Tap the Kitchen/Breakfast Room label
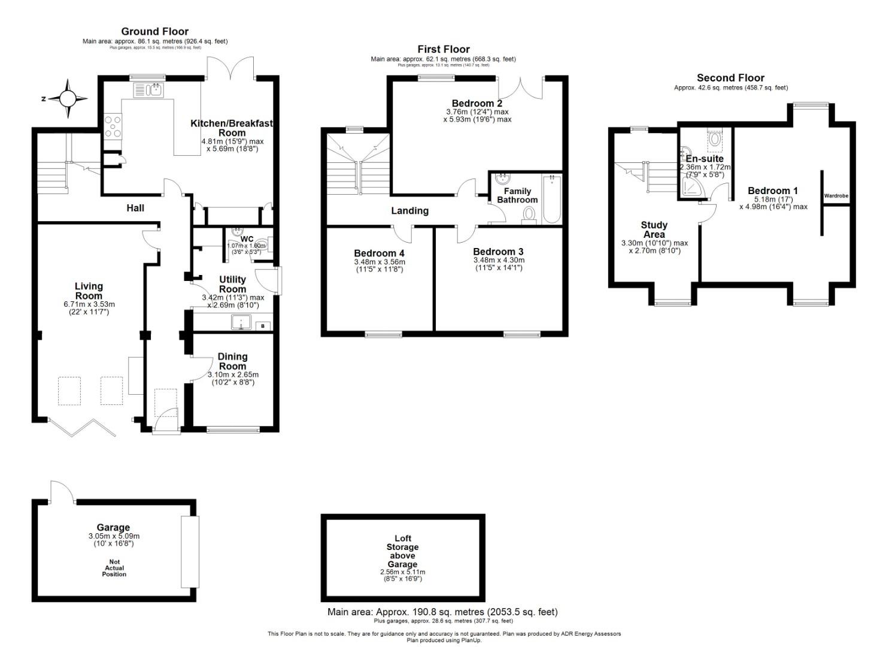point(232,128)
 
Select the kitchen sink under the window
point(148,90)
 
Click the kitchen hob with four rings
point(113,126)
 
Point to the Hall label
point(135,208)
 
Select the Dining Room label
point(232,361)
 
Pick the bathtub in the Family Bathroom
point(551,199)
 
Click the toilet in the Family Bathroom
point(529,214)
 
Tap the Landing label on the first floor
point(409,211)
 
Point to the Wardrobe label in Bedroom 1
point(836,196)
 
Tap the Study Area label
point(654,229)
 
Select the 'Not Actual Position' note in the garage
point(114,568)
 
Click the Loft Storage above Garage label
point(402,551)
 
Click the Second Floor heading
point(730,78)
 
